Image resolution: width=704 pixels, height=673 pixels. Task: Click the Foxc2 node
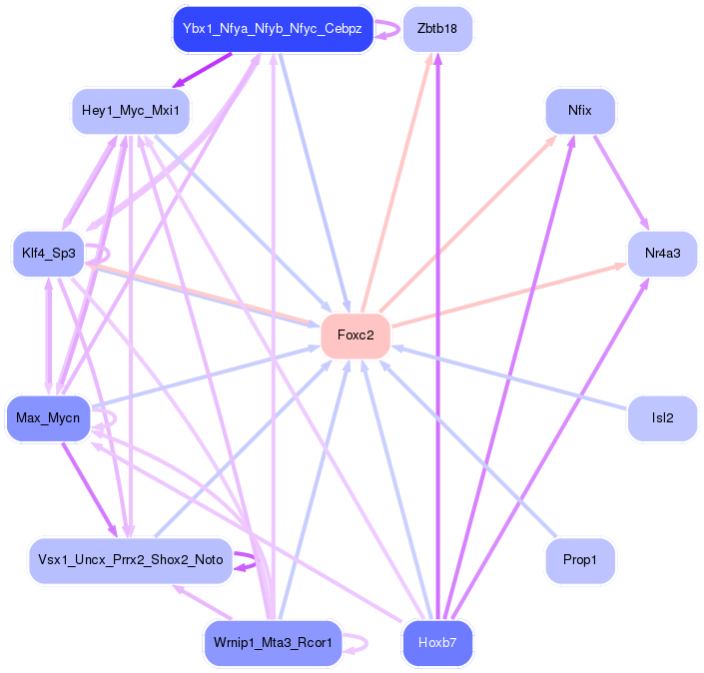pyautogui.click(x=355, y=336)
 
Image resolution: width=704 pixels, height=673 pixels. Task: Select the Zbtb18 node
pyautogui.click(x=436, y=29)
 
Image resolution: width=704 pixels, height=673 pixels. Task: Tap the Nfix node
pyautogui.click(x=579, y=110)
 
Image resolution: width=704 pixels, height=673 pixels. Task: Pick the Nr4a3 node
pyautogui.click(x=662, y=254)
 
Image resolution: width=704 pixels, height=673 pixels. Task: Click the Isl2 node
pyautogui.click(x=661, y=418)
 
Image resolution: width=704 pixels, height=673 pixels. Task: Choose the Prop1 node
pyautogui.click(x=580, y=561)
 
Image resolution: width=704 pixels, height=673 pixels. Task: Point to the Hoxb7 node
pyautogui.click(x=436, y=643)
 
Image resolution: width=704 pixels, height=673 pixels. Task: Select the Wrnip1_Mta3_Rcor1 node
pyautogui.click(x=273, y=643)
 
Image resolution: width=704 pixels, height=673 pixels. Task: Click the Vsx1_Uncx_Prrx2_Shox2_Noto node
pyautogui.click(x=131, y=561)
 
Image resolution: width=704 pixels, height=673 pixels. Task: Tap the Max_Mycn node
pyautogui.click(x=48, y=417)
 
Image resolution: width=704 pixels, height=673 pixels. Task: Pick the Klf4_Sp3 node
pyautogui.click(x=48, y=254)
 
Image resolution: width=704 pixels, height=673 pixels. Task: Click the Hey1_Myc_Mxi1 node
pyautogui.click(x=131, y=110)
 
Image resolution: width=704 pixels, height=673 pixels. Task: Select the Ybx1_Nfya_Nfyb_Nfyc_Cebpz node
pyautogui.click(x=273, y=29)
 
